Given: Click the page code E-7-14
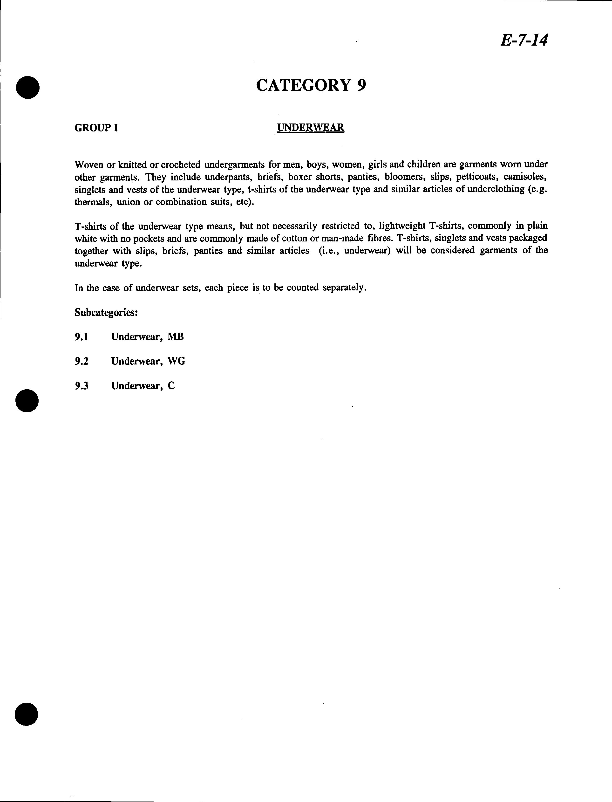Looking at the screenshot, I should coord(524,40).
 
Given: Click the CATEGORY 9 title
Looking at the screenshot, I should coord(311,85).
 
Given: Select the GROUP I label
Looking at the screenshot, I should coord(96,128).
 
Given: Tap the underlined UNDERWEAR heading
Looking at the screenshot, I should coord(310,128).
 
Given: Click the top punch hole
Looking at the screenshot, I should coord(28,87).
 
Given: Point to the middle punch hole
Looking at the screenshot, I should coord(27,400).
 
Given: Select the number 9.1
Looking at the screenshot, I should coord(82,337).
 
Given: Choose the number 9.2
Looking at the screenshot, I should coord(82,362).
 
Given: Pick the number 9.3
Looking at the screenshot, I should coord(82,386).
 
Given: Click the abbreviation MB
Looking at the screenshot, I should coord(175,337).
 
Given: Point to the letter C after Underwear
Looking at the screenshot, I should coord(171,386).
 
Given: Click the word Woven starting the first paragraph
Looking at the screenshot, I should coord(88,165).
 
